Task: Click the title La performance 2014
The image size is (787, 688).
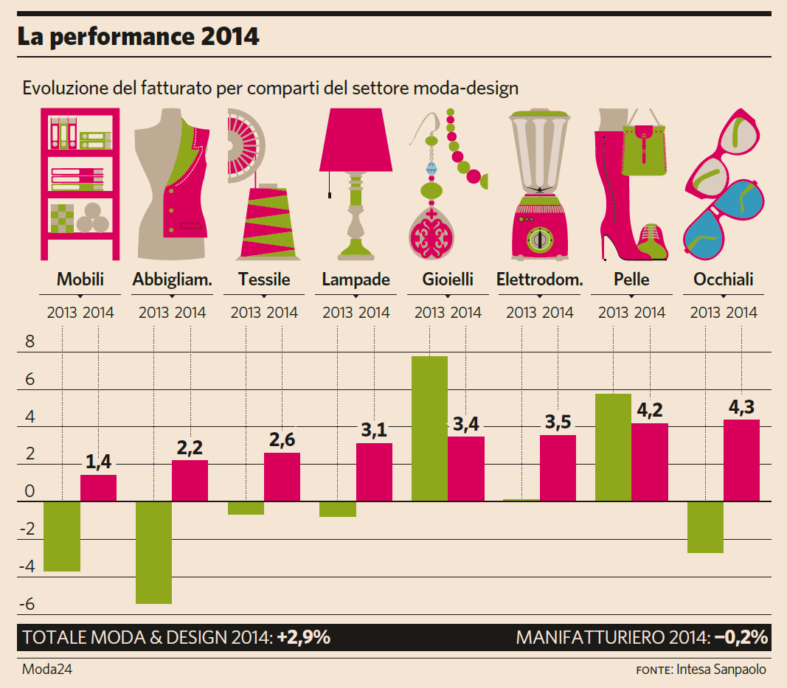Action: (x=139, y=37)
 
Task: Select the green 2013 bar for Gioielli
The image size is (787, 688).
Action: (x=429, y=428)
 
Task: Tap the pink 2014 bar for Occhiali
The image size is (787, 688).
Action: (x=741, y=460)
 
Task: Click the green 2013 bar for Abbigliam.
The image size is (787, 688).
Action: (x=153, y=552)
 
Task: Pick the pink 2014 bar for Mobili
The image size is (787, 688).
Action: (x=98, y=487)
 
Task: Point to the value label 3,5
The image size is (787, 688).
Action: (x=558, y=423)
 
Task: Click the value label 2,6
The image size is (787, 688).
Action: (x=282, y=440)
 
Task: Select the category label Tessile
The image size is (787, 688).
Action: (x=264, y=279)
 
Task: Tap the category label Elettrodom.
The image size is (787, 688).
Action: (x=540, y=279)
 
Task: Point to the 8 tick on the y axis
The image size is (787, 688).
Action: (x=30, y=342)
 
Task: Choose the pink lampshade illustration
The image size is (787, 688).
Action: (x=356, y=139)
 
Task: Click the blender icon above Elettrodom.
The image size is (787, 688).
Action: (x=539, y=184)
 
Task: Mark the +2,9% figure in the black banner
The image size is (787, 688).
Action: (x=303, y=638)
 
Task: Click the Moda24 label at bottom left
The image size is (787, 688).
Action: (x=47, y=670)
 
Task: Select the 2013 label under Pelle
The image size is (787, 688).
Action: (x=614, y=313)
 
